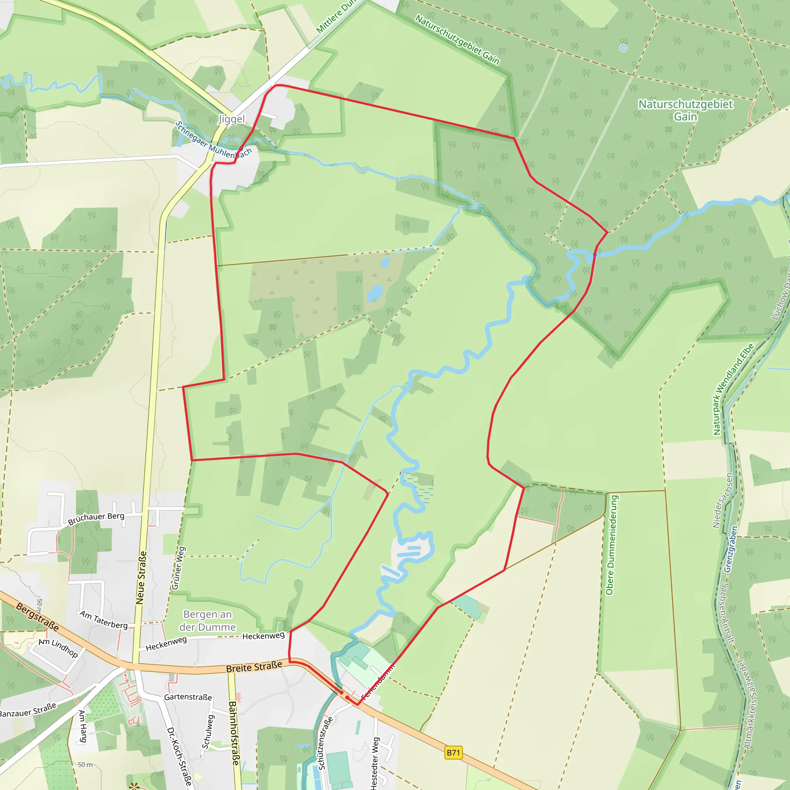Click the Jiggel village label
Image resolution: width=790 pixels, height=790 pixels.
click(x=231, y=120)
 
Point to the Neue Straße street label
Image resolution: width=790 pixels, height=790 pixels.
click(x=141, y=578)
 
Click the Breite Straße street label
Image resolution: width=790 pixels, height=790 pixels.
click(x=254, y=667)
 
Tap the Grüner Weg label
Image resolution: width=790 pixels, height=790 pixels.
click(x=179, y=568)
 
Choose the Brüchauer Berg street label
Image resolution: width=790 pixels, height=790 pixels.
click(x=96, y=518)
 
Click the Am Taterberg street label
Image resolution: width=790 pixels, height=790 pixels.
click(x=103, y=620)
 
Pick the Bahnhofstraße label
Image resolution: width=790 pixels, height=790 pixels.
click(x=234, y=733)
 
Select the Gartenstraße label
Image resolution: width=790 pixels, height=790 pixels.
click(x=188, y=697)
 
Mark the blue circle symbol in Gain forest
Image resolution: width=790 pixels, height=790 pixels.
click(x=623, y=48)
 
